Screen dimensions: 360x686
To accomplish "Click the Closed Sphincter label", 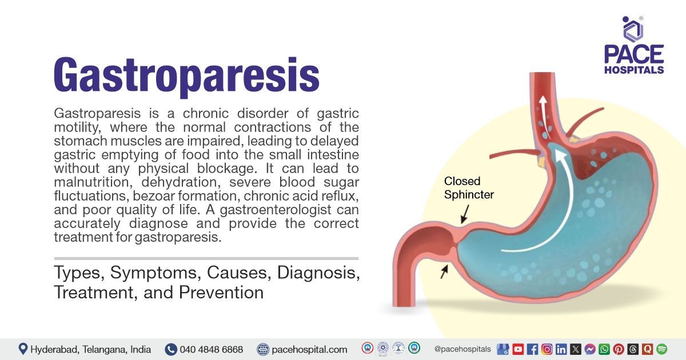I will tap(469, 187).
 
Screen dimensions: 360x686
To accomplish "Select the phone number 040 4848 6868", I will tap(211, 349).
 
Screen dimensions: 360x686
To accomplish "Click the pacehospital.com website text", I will tap(309, 349).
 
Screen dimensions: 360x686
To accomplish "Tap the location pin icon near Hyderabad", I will tap(23, 349).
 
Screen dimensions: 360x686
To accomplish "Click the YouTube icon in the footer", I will tap(518, 349).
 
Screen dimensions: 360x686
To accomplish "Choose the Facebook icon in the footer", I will tap(532, 349).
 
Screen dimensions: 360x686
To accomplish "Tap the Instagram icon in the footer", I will tap(547, 349).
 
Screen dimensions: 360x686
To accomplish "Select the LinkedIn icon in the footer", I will tap(561, 349).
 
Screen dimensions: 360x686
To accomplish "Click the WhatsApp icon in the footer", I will tap(604, 349).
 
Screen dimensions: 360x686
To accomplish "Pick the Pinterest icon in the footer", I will tap(619, 349).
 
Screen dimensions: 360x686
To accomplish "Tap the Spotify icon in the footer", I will tap(662, 349).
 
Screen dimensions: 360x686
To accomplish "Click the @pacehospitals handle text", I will tap(462, 349).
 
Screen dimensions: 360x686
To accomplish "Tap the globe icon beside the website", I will tap(263, 349).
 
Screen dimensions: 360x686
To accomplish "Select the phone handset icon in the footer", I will tap(170, 349).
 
